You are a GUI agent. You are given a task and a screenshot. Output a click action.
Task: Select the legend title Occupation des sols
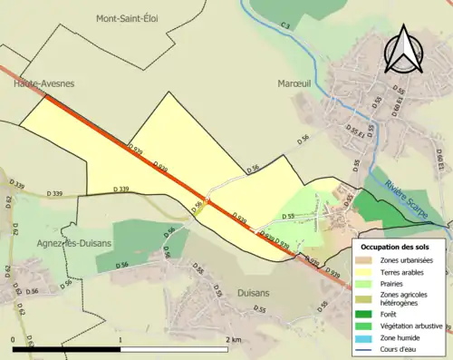click(x=402, y=247)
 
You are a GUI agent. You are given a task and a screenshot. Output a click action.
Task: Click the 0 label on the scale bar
click(x=14, y=339)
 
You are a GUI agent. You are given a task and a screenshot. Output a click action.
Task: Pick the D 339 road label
click(x=51, y=193)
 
